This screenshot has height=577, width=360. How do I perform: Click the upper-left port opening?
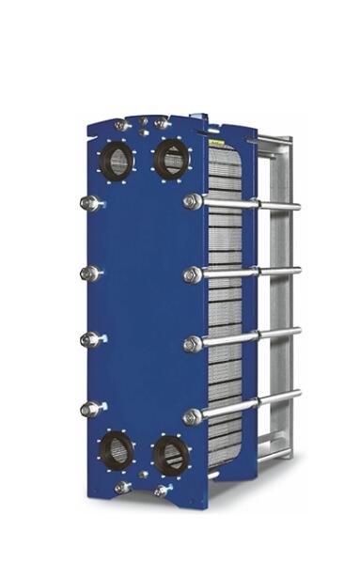pos(117,162)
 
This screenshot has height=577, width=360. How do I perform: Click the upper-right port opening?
pos(171,160)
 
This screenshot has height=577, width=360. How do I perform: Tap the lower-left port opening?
pos(117,452)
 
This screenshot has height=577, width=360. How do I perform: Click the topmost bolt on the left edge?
pos(89,203)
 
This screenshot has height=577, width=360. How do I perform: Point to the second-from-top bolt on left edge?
pos(89,273)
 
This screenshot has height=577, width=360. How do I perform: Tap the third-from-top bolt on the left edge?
pos(89,339)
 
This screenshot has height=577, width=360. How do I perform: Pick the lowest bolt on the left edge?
pos(90,409)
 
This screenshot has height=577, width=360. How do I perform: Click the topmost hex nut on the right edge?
pos(193,201)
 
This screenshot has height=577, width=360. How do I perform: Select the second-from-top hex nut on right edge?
pos(193,274)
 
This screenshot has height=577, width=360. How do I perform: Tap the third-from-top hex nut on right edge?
pos(193,345)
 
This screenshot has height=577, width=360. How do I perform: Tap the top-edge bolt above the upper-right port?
pos(161,123)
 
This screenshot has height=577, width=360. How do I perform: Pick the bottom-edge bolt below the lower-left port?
pos(122,487)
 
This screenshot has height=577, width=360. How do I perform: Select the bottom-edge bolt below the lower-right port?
pos(162,491)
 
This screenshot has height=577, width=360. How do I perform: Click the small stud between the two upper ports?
pos(143,133)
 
